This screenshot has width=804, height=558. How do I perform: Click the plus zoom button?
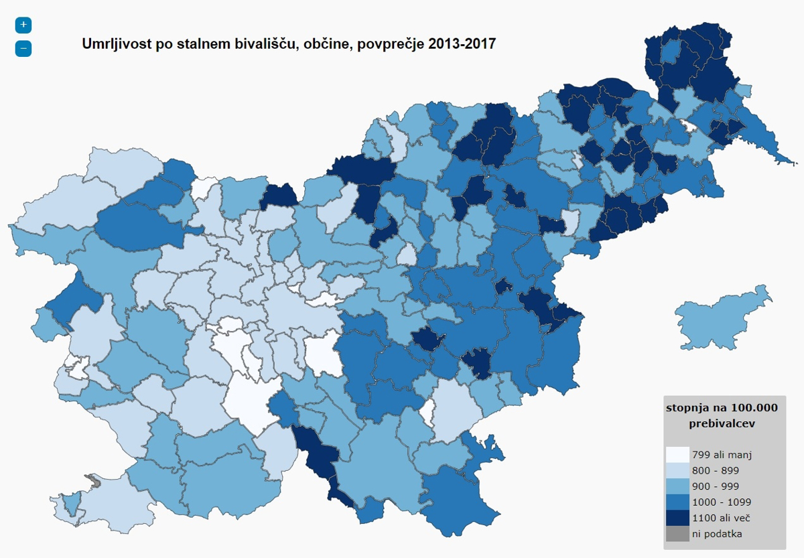point(23,25)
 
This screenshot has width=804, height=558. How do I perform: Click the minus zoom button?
point(23,48)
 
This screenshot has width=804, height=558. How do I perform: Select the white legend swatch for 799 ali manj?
point(677,455)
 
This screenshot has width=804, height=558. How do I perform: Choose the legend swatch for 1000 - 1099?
point(677,502)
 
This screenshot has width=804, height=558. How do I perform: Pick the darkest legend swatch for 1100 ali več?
point(677,518)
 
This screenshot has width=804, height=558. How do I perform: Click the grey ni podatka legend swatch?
point(677,534)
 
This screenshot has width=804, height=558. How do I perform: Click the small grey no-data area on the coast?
point(94,480)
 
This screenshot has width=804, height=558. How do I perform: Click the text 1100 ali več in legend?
point(721,518)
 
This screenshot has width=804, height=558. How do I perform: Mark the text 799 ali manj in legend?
point(722,455)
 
